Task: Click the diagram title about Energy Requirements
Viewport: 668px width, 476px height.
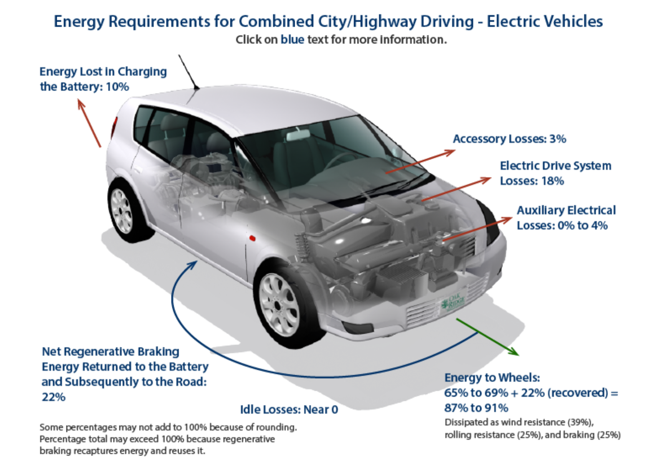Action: click(328, 22)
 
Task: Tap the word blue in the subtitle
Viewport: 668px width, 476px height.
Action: click(292, 40)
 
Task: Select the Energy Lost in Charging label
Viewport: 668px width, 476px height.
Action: click(103, 79)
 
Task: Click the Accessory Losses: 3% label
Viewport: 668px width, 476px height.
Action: click(509, 139)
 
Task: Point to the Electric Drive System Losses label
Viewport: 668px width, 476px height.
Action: click(555, 173)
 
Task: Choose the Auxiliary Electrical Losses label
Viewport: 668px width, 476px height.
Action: click(566, 218)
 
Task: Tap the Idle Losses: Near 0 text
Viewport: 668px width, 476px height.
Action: click(289, 410)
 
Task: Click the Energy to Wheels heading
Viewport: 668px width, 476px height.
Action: click(492, 378)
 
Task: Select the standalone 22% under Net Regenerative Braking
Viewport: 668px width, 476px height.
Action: click(53, 397)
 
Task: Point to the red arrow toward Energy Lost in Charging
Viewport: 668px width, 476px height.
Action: click(89, 123)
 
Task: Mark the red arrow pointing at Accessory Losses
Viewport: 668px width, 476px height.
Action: click(420, 162)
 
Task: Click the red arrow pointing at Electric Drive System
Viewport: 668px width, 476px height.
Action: click(457, 189)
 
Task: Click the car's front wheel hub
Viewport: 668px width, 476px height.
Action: click(278, 304)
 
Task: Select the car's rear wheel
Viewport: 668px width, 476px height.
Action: click(122, 211)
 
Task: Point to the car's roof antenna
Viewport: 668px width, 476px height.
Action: click(188, 72)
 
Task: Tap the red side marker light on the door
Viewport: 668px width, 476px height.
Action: click(252, 238)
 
